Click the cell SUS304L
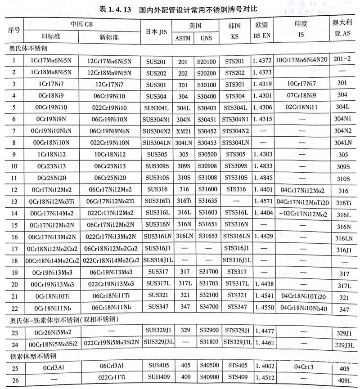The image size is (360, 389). [157, 107]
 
